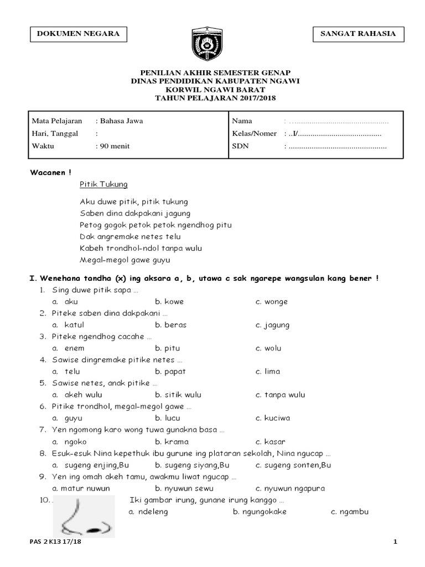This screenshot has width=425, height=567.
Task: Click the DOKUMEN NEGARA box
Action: pyautogui.click(x=78, y=34)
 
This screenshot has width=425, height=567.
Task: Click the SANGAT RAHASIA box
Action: pyautogui.click(x=358, y=34)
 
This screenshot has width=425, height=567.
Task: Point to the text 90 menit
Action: pyautogui.click(x=115, y=146)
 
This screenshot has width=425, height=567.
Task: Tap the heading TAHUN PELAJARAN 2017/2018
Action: pyautogui.click(x=212, y=98)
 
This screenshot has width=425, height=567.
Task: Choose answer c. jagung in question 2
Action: pyautogui.click(x=272, y=325)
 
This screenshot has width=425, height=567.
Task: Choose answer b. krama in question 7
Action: pyautogui.click(x=172, y=441)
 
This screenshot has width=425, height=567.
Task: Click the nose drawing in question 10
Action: pyautogui.click(x=83, y=517)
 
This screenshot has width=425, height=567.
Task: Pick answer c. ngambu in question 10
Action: pyautogui.click(x=350, y=512)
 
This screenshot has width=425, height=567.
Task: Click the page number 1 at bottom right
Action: pyautogui.click(x=396, y=542)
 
